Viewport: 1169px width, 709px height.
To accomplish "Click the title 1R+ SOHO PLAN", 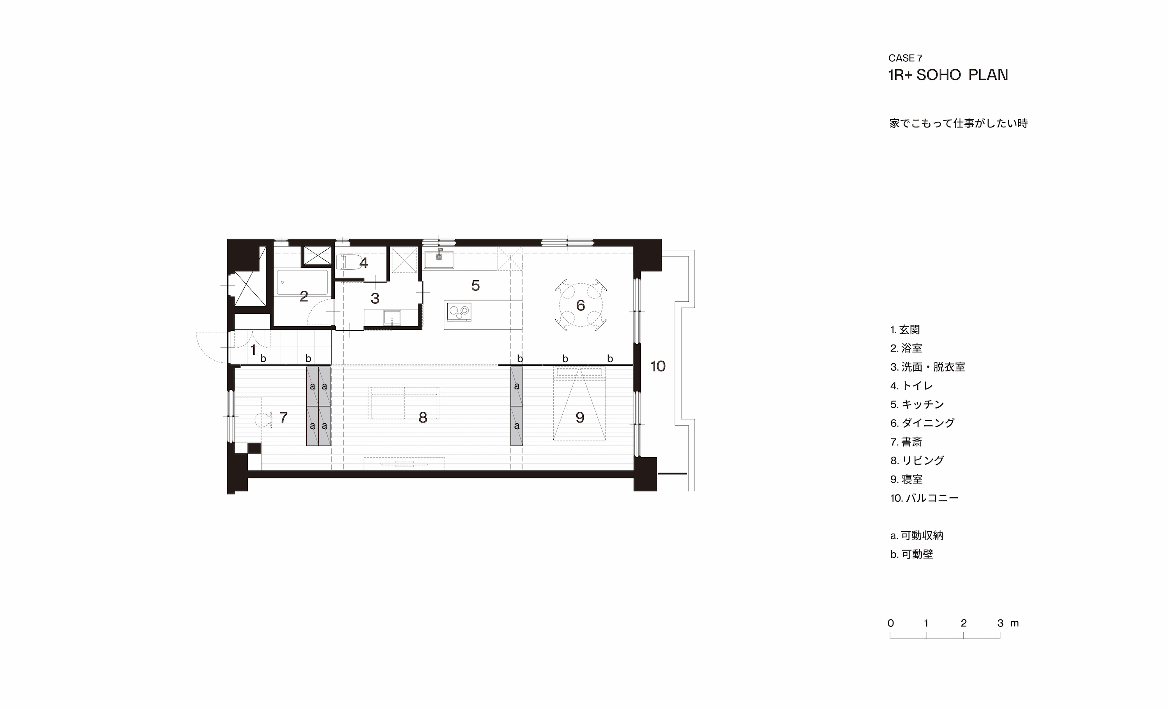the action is [x=948, y=75].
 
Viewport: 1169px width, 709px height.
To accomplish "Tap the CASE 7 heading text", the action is [x=905, y=58].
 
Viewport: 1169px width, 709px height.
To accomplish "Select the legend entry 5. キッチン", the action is [x=917, y=404].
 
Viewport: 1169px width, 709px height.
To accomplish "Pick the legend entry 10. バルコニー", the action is [x=924, y=498].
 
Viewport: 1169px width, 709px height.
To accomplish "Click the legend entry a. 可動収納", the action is [x=916, y=535].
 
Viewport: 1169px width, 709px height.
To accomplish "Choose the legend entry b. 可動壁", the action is [x=911, y=554].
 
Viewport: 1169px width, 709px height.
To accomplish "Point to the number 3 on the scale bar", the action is [x=1000, y=623].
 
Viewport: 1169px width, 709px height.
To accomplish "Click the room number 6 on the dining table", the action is [x=581, y=305].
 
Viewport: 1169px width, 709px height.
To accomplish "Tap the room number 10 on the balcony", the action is [x=658, y=366].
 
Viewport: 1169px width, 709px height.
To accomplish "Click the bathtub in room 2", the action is [x=302, y=282].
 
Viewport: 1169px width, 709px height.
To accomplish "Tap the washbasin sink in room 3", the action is [x=392, y=318].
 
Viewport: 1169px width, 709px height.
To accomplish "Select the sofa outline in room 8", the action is [x=404, y=403].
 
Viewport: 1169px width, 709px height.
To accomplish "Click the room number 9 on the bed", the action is [x=580, y=417].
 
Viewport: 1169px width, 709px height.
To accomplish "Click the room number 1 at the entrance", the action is [x=253, y=350].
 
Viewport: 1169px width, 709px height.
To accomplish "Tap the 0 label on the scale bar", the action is [x=890, y=623].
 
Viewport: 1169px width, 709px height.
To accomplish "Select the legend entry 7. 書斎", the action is [x=906, y=442].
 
